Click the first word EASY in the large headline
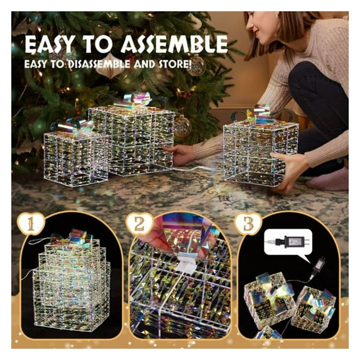(x=50, y=45)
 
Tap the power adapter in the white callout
(x=292, y=241)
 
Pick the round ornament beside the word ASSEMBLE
(x=196, y=65)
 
